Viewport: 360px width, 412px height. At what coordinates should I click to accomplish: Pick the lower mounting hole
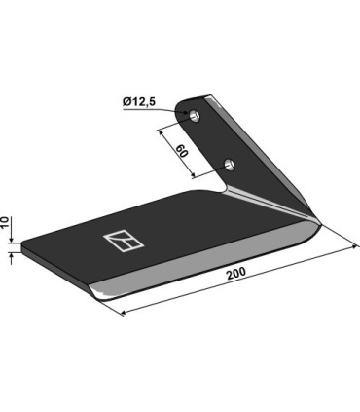pos(229,163)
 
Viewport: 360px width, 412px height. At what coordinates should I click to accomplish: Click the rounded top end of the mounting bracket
pos(206,98)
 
